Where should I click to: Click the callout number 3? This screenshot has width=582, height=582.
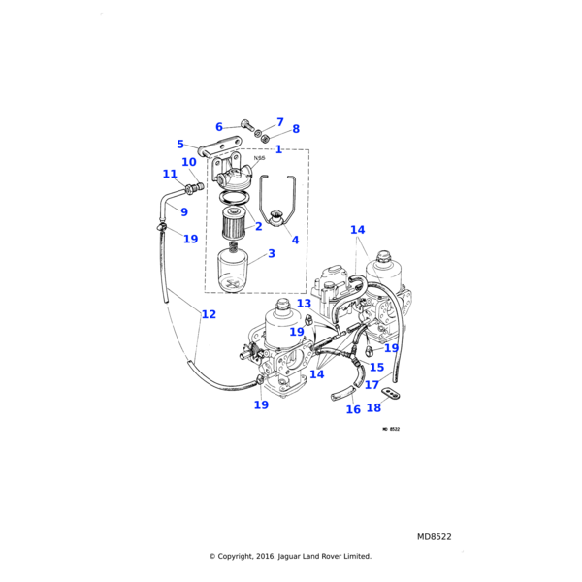[272, 253]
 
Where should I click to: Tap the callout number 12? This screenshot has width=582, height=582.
[209, 314]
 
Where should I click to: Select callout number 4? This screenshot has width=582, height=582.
[295, 240]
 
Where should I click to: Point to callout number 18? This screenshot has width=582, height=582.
[373, 408]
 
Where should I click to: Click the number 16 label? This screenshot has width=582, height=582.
[353, 409]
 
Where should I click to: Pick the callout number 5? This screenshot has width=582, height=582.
[180, 145]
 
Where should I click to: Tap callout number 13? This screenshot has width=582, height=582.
[304, 304]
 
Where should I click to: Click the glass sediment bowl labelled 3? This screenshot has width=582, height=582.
[235, 273]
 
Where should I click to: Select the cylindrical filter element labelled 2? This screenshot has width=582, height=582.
[235, 222]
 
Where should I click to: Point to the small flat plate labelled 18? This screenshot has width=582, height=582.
[391, 393]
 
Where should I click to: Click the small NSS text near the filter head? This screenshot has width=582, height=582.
[259, 158]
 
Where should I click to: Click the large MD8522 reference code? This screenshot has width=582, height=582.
[434, 536]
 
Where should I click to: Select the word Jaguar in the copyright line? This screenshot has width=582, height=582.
[291, 557]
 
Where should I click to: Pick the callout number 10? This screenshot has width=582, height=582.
[189, 162]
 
